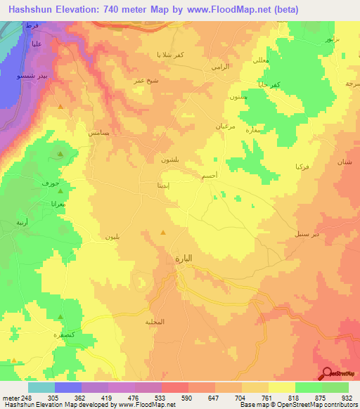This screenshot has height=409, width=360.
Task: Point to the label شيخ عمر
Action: pos(144,82)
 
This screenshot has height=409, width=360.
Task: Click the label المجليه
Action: pos(154,322)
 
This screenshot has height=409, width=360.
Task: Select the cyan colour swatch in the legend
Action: pos(41,387)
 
